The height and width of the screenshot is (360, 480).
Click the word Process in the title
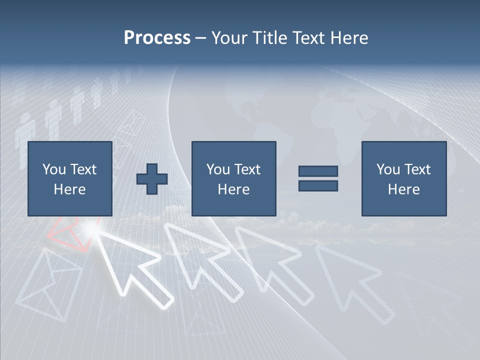(157, 38)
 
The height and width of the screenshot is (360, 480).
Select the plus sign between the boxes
(152, 178)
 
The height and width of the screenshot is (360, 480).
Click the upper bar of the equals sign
(318, 171)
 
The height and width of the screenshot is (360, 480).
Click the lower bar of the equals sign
(318, 186)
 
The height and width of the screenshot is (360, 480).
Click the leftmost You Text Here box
(69, 178)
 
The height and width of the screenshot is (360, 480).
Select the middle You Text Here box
(233, 178)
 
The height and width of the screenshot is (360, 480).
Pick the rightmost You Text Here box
(403, 178)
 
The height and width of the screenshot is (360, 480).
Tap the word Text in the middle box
(247, 169)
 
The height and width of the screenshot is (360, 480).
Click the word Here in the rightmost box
(403, 189)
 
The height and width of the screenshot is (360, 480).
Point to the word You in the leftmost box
(53, 169)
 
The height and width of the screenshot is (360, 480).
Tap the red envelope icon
(70, 232)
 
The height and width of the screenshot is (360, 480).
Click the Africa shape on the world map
(332, 125)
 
